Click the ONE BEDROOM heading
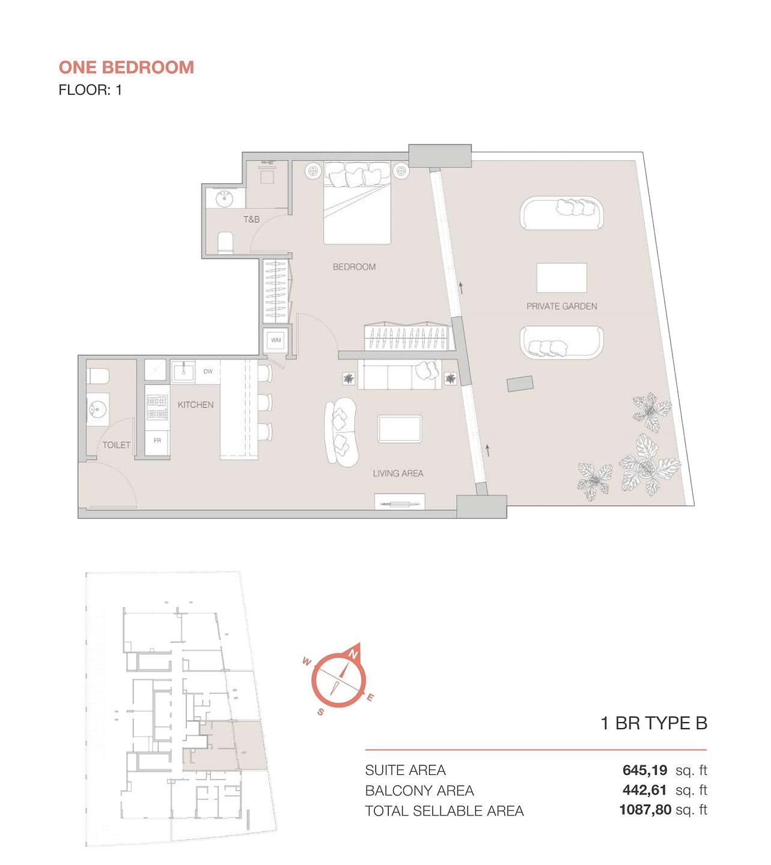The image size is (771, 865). click(x=126, y=67)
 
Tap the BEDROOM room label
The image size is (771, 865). click(x=354, y=267)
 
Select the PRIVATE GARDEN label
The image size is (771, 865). click(x=562, y=306)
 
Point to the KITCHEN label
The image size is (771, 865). click(x=196, y=405)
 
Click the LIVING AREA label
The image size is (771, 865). click(x=398, y=473)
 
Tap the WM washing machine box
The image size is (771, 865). click(x=276, y=340)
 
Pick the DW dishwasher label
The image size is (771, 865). click(x=208, y=371)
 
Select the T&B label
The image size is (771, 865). click(x=251, y=219)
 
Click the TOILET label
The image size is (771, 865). click(x=116, y=445)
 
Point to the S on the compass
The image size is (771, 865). click(x=320, y=712)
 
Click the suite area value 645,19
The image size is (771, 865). click(x=645, y=770)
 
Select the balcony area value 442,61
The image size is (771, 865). click(x=645, y=790)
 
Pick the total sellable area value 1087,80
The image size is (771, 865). click(x=645, y=810)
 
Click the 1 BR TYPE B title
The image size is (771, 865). click(x=654, y=723)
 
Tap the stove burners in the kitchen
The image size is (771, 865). click(x=157, y=407)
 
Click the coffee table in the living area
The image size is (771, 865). click(x=400, y=429)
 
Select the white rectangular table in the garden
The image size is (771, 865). click(x=562, y=278)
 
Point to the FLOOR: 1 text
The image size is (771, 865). click(x=90, y=90)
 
